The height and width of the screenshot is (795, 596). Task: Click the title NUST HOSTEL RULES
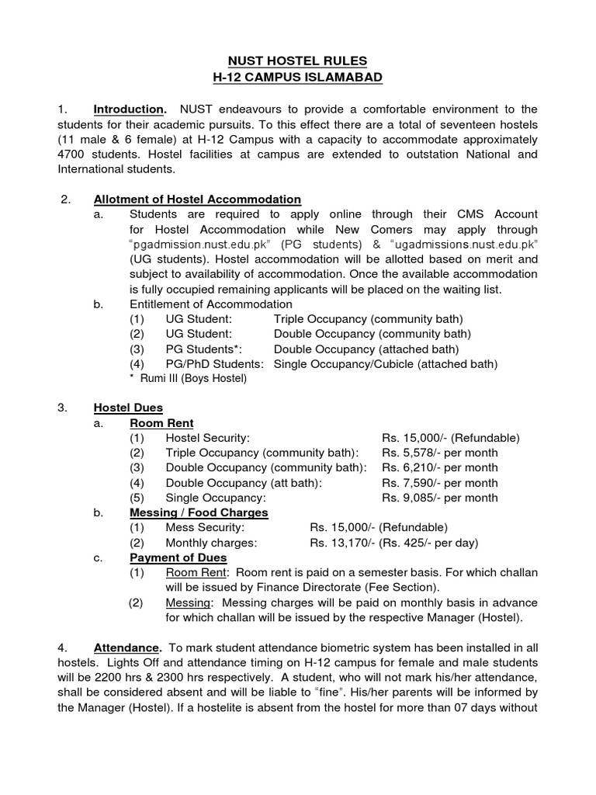[x=297, y=61]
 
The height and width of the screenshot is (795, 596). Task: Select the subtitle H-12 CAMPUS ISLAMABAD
[x=297, y=78]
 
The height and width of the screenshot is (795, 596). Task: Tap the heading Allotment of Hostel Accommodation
[x=197, y=200]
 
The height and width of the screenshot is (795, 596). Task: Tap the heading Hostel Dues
[x=128, y=408]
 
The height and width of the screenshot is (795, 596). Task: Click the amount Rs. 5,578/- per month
[x=439, y=453]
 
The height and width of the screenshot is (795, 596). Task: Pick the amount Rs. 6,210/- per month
[x=439, y=467]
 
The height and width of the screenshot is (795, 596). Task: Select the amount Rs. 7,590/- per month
[x=439, y=483]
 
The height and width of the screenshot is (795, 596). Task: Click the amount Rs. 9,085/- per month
[x=439, y=498]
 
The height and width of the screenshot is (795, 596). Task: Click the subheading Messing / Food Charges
[x=199, y=512]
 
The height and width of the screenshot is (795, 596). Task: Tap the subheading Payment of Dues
[x=178, y=557]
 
